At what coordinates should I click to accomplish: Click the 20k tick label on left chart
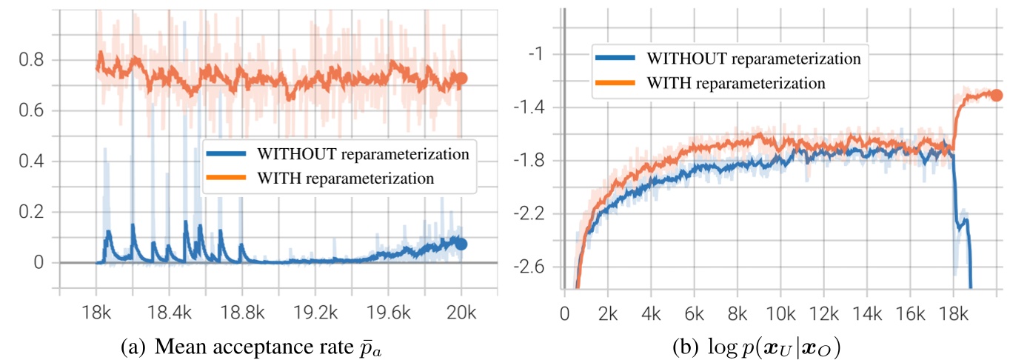(x=461, y=314)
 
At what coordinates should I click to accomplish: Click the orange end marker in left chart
(x=461, y=78)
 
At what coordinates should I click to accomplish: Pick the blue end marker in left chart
(x=461, y=244)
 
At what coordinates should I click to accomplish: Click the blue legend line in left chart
(x=227, y=155)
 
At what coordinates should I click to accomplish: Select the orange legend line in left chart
(x=227, y=179)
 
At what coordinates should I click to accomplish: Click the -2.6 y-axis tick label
(x=528, y=267)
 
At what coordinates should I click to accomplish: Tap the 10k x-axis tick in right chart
(x=780, y=314)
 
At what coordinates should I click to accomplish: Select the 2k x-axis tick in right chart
(x=607, y=314)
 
